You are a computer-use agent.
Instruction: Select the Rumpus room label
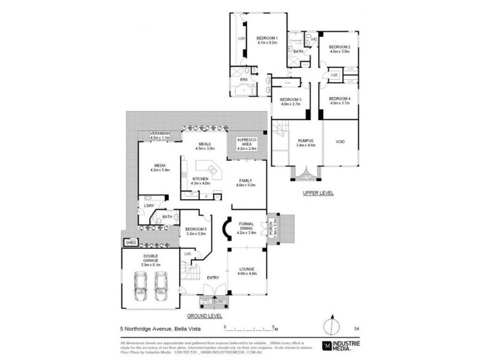pos(305,143)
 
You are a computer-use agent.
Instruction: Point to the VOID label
pos(340,143)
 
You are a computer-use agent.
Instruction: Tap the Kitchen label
pos(200,180)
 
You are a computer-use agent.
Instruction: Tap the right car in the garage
pos(161,286)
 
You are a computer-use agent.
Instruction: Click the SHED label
pos(130,242)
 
